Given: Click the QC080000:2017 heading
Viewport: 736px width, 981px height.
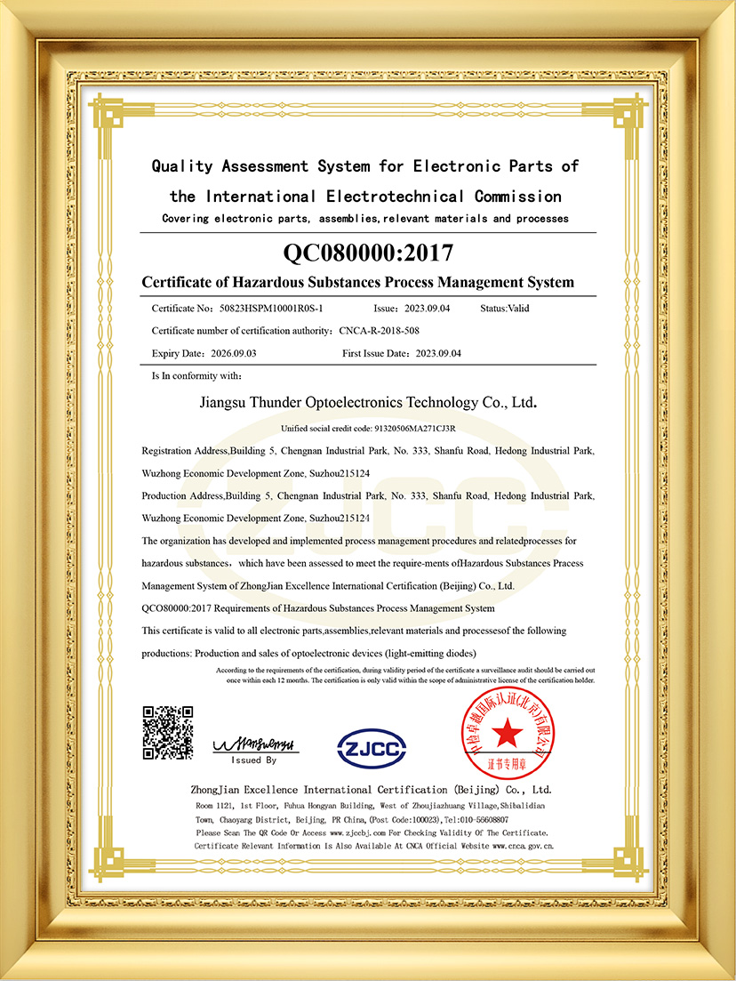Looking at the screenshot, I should [368, 253].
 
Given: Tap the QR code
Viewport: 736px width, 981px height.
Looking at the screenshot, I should [168, 732].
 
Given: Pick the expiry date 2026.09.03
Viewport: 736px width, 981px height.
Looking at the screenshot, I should [232, 353].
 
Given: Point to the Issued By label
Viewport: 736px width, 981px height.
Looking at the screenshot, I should [254, 760].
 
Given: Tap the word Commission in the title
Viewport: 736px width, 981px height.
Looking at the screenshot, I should [517, 196].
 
